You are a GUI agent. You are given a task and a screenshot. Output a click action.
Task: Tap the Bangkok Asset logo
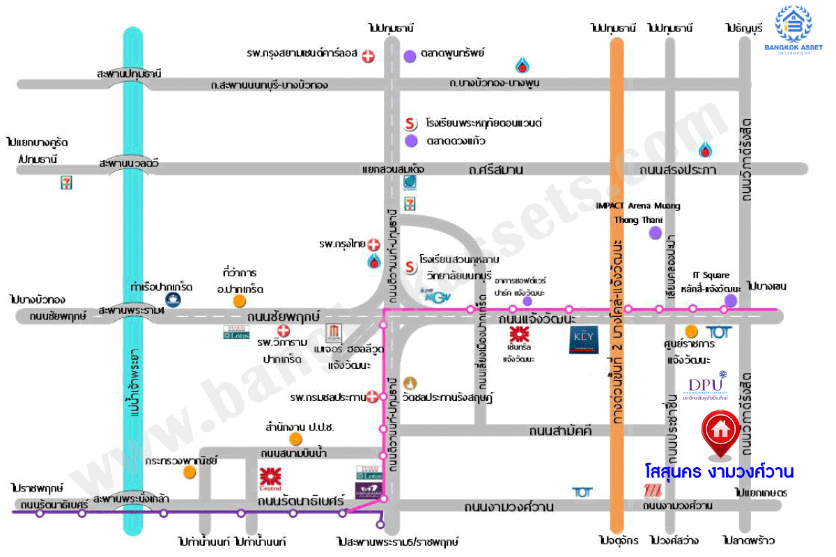pyautogui.click(x=794, y=31)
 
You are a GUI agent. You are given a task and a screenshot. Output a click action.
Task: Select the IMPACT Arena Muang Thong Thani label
pyautogui.click(x=638, y=213)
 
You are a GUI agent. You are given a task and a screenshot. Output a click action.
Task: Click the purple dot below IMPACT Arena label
pyautogui.click(x=654, y=233)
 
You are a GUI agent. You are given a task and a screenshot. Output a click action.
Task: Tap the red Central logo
pyautogui.click(x=270, y=478)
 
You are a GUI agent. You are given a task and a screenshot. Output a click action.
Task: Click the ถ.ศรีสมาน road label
pyautogui.click(x=496, y=170)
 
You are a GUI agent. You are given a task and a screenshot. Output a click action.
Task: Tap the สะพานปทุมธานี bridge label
pyautogui.click(x=130, y=73)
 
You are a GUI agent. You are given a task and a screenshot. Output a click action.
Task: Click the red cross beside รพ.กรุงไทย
pyautogui.click(x=374, y=244)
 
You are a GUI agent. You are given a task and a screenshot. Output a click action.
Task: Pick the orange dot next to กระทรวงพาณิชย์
pyautogui.click(x=190, y=472)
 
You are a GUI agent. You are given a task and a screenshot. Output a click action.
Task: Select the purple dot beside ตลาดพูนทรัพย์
pyautogui.click(x=410, y=54)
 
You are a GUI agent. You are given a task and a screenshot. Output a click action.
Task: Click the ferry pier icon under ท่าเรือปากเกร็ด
pyautogui.click(x=173, y=299)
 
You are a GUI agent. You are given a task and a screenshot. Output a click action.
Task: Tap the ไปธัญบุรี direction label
pyautogui.click(x=743, y=28)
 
